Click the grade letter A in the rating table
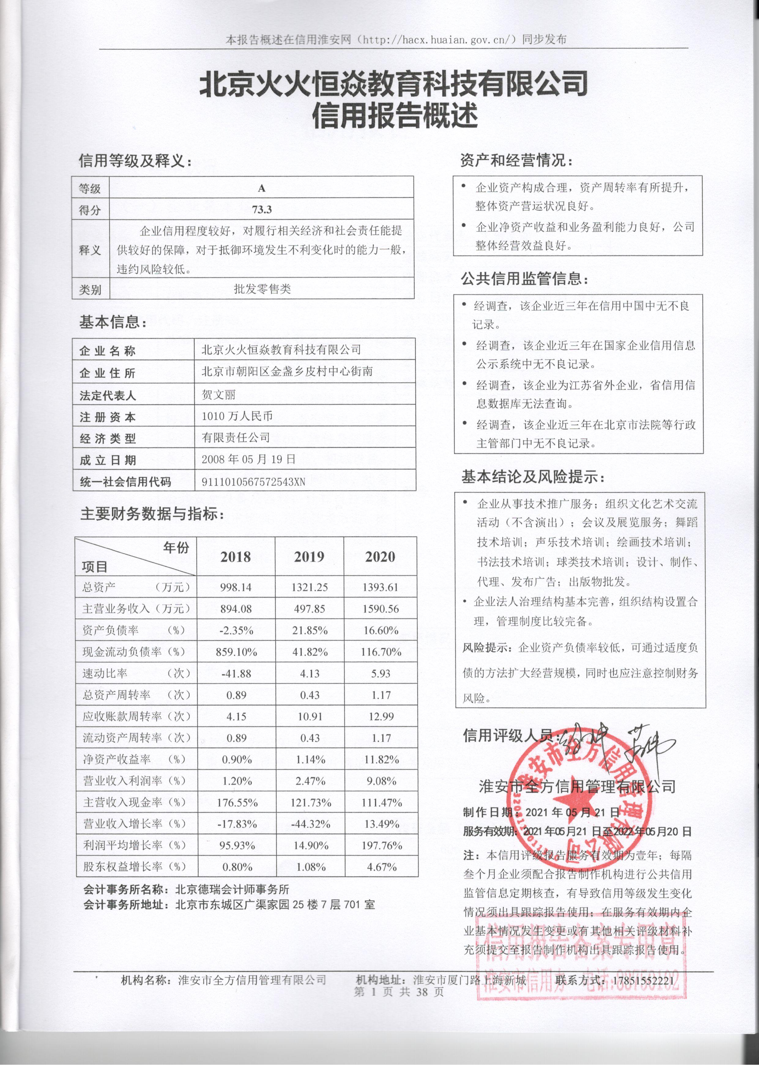tap(262, 188)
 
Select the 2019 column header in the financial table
tap(309, 557)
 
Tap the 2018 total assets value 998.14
tap(236, 587)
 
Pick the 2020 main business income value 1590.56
tap(381, 609)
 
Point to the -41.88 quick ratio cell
tap(236, 673)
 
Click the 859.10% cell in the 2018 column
tap(236, 652)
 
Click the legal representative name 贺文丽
tap(219, 394)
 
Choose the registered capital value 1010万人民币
tap(237, 416)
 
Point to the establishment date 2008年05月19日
tap(249, 459)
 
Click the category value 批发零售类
tap(262, 289)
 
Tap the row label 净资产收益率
tap(117, 759)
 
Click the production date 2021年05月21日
tap(572, 812)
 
